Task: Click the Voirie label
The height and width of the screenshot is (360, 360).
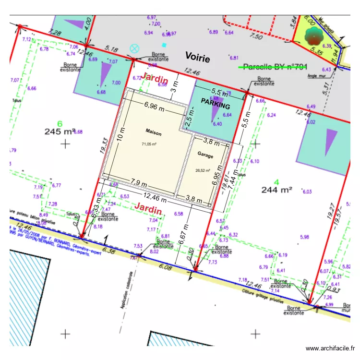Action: pyautogui.click(x=197, y=59)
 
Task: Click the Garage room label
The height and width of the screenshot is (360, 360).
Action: pyautogui.click(x=205, y=155)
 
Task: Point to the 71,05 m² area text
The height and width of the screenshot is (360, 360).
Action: pyautogui.click(x=149, y=144)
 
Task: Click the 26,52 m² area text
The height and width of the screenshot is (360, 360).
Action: pyautogui.click(x=203, y=170)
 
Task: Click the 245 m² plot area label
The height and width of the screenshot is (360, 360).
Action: pyautogui.click(x=60, y=131)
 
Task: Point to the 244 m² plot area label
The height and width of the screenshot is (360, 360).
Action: pyautogui.click(x=276, y=189)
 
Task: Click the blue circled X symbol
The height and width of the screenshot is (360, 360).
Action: pyautogui.click(x=134, y=48)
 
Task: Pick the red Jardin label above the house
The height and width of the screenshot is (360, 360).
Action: pyautogui.click(x=155, y=77)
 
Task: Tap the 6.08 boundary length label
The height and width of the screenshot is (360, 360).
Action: pyautogui.click(x=165, y=267)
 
